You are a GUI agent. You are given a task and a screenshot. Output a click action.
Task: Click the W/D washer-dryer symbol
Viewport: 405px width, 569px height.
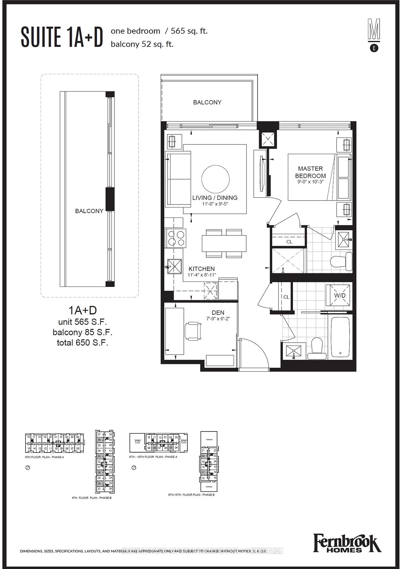[x=339, y=295]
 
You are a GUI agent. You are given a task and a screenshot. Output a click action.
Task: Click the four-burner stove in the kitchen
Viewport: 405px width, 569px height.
[x=176, y=238]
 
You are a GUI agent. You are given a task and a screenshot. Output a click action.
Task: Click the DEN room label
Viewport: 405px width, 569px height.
[x=218, y=312]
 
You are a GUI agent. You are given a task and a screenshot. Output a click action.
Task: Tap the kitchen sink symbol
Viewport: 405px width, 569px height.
[x=175, y=266]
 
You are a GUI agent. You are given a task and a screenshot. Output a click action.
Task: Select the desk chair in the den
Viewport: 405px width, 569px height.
[x=193, y=331]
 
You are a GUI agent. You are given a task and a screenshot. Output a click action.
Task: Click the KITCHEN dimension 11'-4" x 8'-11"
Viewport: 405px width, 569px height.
[x=202, y=275]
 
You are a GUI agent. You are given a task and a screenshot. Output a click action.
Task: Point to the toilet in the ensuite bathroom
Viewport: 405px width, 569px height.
[x=341, y=261]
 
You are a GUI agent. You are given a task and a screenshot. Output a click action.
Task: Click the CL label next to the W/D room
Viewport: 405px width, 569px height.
[x=286, y=297]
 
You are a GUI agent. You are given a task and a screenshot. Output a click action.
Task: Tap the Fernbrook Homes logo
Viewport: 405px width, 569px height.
[x=347, y=544]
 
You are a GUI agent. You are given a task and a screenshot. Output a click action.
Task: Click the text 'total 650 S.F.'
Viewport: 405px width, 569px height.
[x=82, y=343]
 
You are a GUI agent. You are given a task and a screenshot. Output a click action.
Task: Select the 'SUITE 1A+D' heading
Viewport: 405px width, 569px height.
[x=62, y=37]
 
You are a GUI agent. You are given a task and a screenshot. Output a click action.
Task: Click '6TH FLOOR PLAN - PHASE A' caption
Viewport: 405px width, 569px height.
[x=44, y=457]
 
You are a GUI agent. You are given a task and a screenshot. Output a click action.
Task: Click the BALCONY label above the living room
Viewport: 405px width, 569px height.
[x=207, y=102]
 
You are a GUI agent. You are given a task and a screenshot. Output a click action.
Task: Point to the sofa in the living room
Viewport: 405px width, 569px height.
[x=178, y=179]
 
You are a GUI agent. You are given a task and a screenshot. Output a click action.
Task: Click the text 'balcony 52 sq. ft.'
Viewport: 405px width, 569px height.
[x=142, y=44]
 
